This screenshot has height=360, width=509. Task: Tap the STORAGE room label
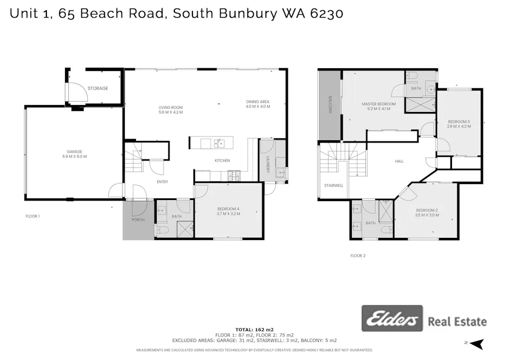[98, 88]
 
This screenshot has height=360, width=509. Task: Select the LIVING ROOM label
[171, 108]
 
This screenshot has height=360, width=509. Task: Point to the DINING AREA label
[257, 102]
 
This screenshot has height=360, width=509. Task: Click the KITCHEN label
[222, 161]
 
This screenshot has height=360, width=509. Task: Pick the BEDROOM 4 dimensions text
[229, 213]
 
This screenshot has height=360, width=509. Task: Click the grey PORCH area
[138, 220]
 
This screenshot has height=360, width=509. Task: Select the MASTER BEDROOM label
[378, 103]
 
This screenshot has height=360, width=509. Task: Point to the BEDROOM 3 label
[458, 121]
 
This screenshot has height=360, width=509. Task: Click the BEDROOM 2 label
[427, 210]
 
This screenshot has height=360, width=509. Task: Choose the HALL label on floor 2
[399, 161]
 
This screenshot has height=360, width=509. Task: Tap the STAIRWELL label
[333, 186]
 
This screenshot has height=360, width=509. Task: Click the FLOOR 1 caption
[33, 216]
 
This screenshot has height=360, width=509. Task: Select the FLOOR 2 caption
[358, 256]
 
